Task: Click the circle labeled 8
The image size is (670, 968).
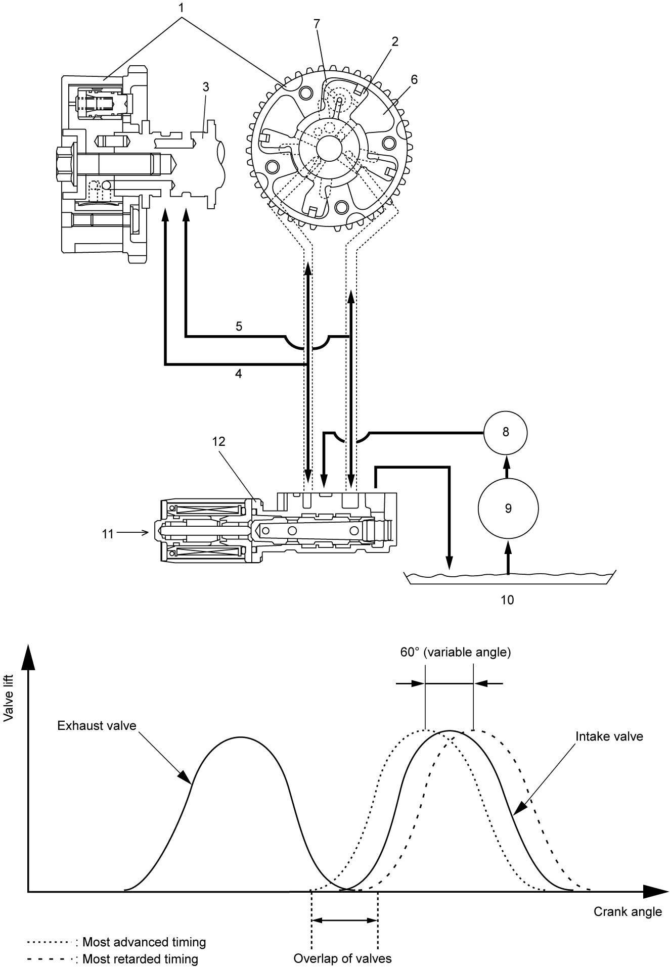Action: click(x=505, y=432)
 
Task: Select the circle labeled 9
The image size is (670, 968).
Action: click(x=508, y=509)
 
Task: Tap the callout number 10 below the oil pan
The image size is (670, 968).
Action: click(x=507, y=600)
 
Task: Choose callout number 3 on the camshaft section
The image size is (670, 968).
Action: click(x=205, y=87)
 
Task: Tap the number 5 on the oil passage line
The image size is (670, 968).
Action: click(x=239, y=327)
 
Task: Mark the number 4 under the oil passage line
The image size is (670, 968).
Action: click(x=239, y=374)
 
